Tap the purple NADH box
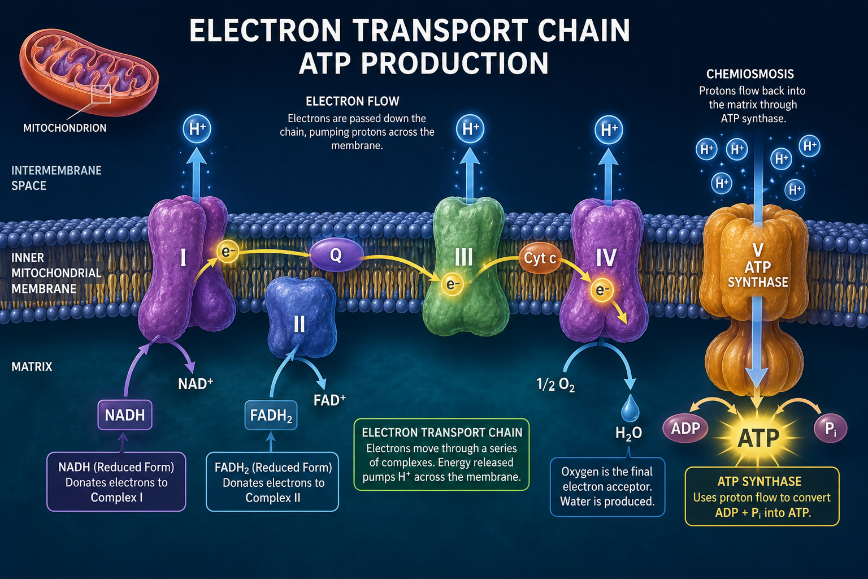click(x=125, y=415)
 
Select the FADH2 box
click(x=271, y=416)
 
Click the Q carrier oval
click(x=336, y=255)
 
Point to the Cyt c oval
click(x=540, y=257)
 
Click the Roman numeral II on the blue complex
click(x=299, y=324)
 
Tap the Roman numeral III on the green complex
click(x=463, y=257)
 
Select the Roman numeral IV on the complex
click(x=606, y=257)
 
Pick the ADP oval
click(x=685, y=429)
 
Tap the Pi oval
click(x=830, y=429)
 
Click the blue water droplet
click(x=630, y=408)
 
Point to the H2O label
click(x=628, y=433)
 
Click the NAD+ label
click(x=196, y=383)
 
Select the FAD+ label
click(x=329, y=400)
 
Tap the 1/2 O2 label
click(x=555, y=384)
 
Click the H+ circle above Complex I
click(x=197, y=128)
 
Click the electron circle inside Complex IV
click(x=602, y=290)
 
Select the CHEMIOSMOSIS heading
click(x=750, y=74)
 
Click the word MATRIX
click(x=32, y=366)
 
